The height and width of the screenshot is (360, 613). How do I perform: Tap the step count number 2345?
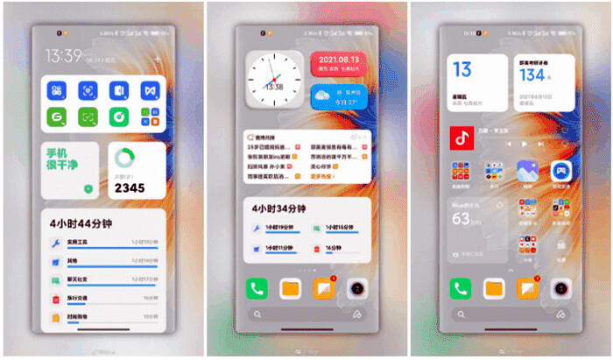coord(129,187)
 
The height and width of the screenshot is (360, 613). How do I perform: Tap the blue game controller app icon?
coord(560,170)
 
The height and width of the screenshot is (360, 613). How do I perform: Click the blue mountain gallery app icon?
coord(526,170)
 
